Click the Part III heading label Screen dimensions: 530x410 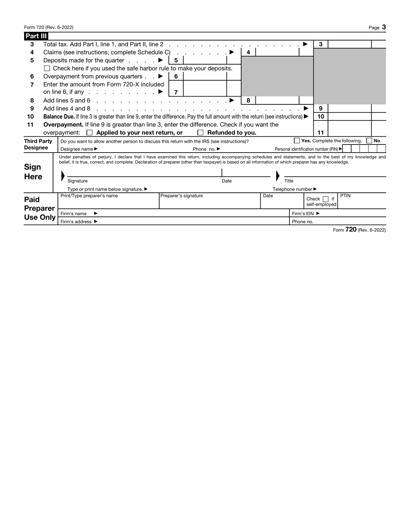coord(36,36)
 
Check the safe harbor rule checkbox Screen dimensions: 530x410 coord(47,69)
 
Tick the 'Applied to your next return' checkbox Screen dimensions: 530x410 coord(89,133)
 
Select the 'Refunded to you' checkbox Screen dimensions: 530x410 coord(200,133)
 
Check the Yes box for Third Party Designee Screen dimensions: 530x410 coord(297,141)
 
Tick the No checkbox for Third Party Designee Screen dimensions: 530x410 coord(369,141)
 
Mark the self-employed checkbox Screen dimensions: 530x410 coord(326,199)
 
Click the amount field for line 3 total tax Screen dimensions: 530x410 coord(350,44)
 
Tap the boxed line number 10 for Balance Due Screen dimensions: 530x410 coord(321,117)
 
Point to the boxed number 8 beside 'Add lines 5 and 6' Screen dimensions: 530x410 coord(248,100)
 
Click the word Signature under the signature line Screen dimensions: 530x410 coord(78,181)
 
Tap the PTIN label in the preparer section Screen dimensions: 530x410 coord(345,196)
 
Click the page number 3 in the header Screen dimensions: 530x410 coord(384,27)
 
